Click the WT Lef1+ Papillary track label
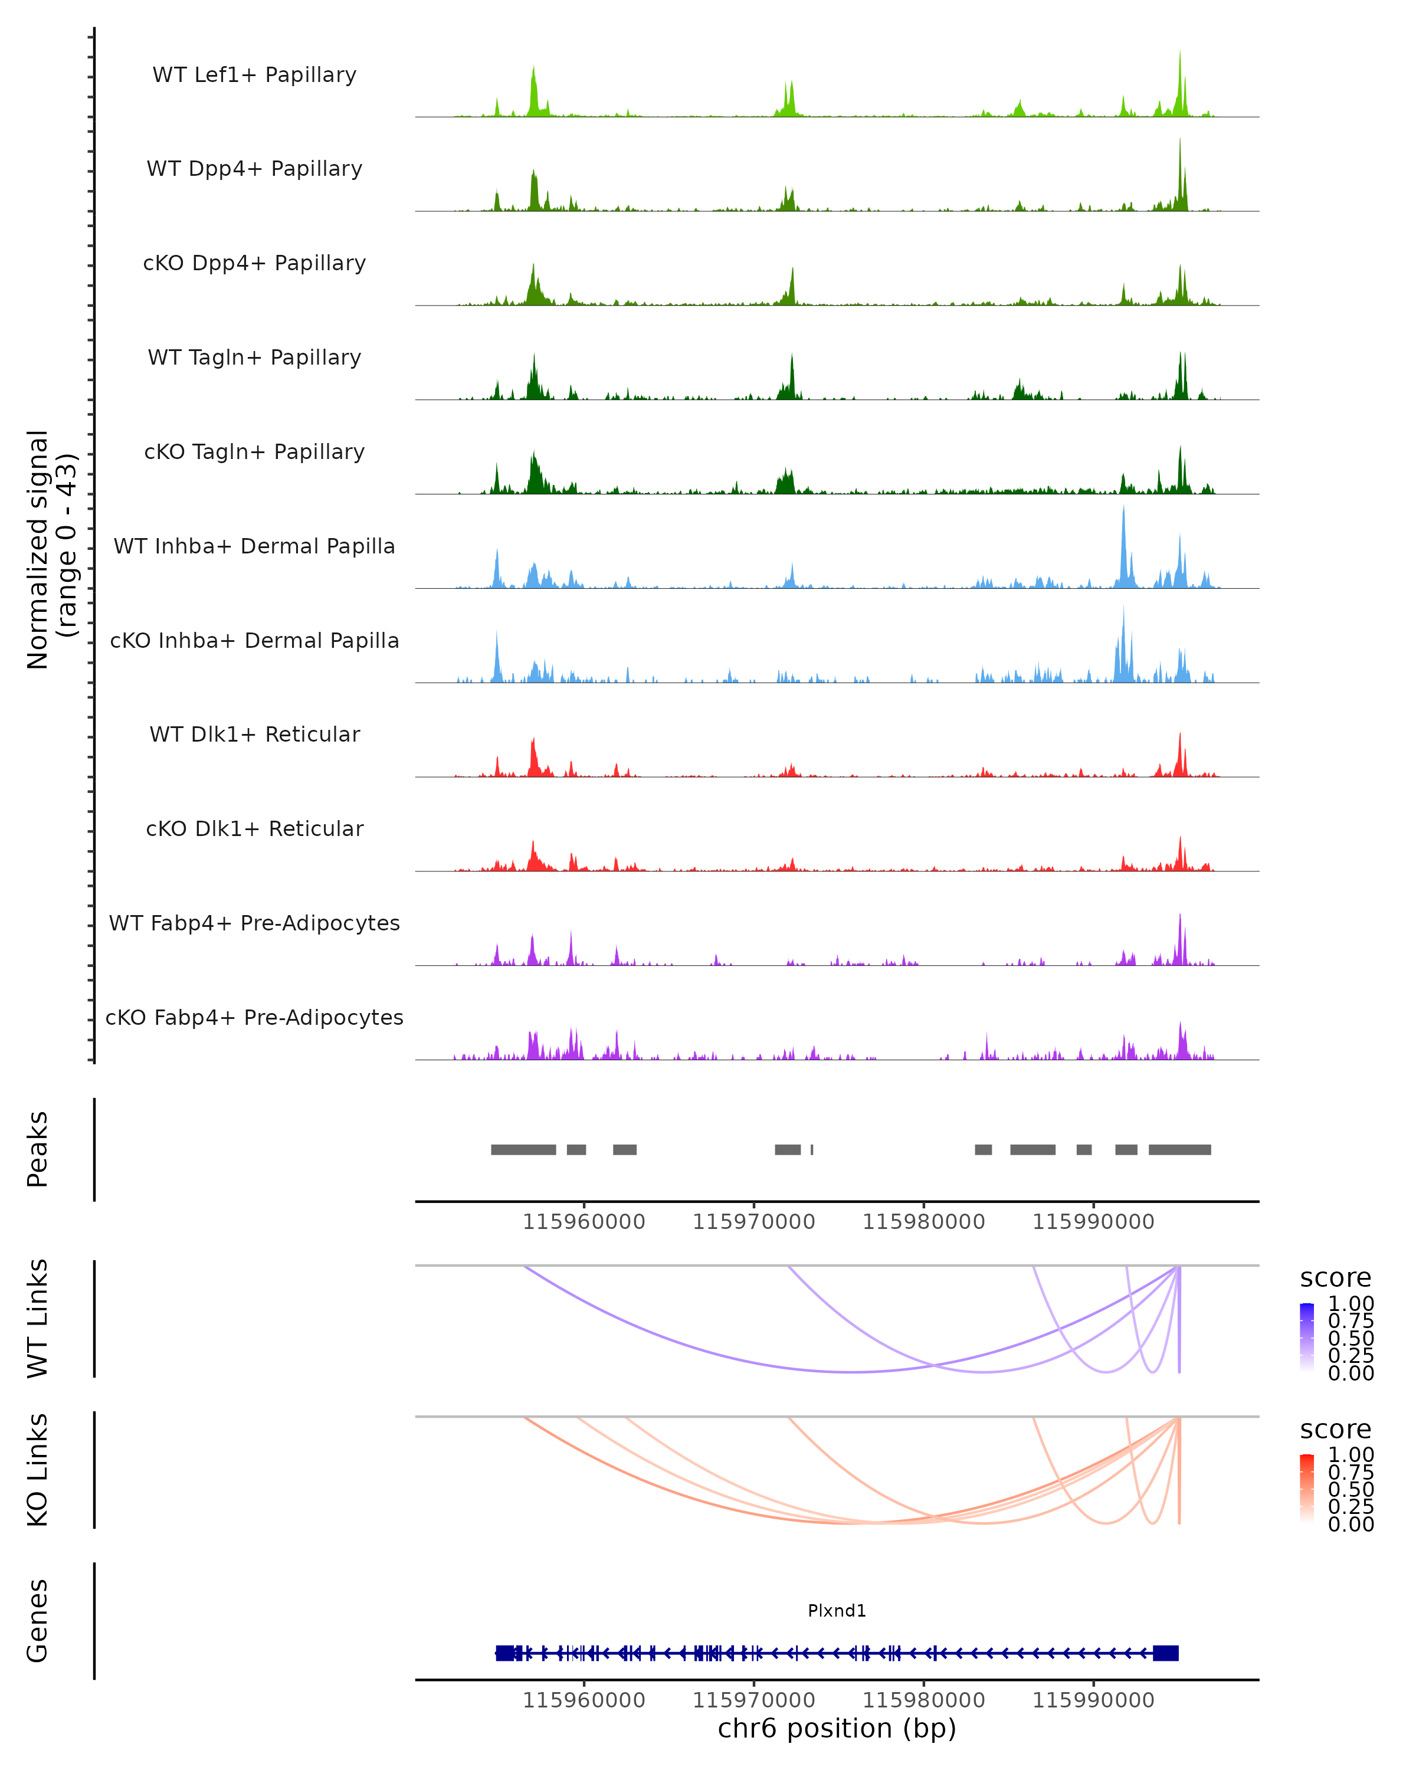pyautogui.click(x=254, y=75)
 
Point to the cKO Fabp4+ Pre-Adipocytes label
pyautogui.click(x=254, y=1017)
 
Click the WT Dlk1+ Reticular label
pyautogui.click(x=254, y=734)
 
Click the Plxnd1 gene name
pyautogui.click(x=837, y=1610)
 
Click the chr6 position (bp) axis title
pyautogui.click(x=837, y=1728)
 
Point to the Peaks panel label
pyautogui.click(x=38, y=1149)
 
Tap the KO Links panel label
pyautogui.click(x=38, y=1470)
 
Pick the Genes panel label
pyautogui.click(x=38, y=1621)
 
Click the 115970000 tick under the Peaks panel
pyautogui.click(x=753, y=1222)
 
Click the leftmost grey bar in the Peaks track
pyautogui.click(x=523, y=1149)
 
